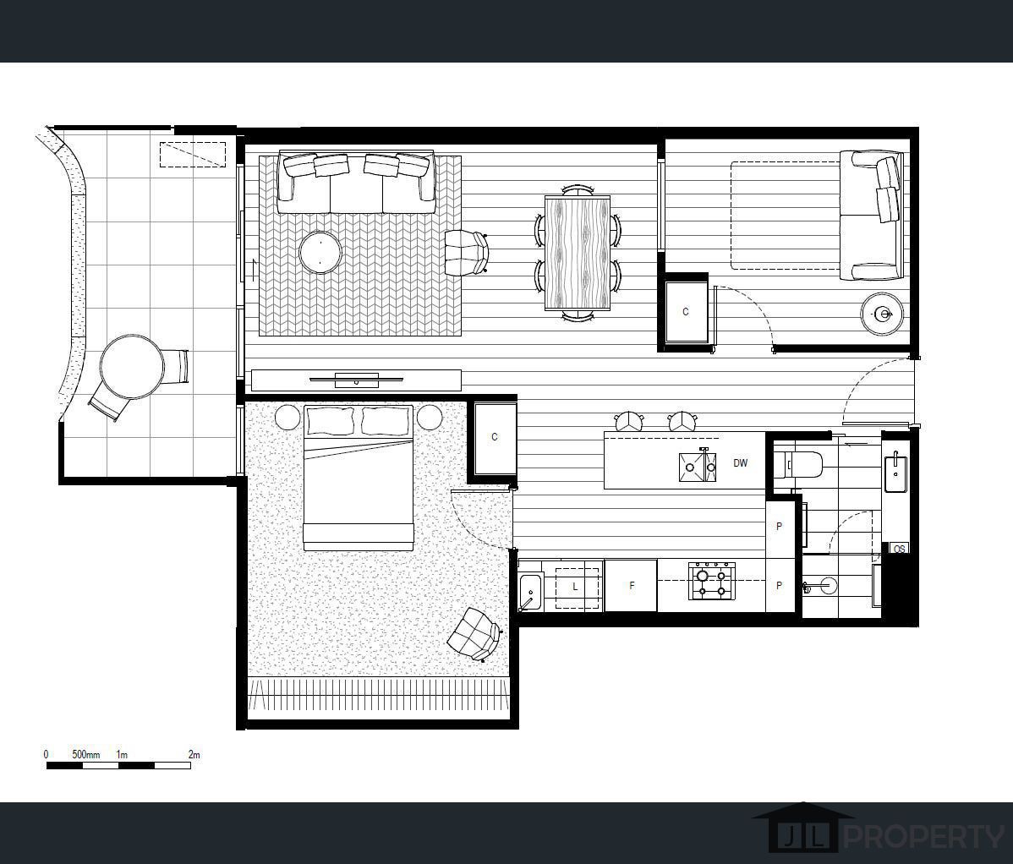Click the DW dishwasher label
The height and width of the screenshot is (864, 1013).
pyautogui.click(x=741, y=463)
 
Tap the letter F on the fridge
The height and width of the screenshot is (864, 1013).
pyautogui.click(x=632, y=586)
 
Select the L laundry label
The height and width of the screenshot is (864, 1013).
pyautogui.click(x=575, y=587)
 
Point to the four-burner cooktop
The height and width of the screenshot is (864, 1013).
pyautogui.click(x=712, y=581)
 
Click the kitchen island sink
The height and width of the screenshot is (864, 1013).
pyautogui.click(x=698, y=466)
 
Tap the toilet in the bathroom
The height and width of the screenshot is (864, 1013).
pyautogui.click(x=798, y=463)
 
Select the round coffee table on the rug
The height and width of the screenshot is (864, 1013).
pyautogui.click(x=320, y=252)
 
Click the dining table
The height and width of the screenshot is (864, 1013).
pyautogui.click(x=578, y=253)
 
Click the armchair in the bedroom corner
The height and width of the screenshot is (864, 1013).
pyautogui.click(x=475, y=634)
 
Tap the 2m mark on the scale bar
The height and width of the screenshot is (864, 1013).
pyautogui.click(x=194, y=754)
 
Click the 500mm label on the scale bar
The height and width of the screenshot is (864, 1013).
pyautogui.click(x=86, y=754)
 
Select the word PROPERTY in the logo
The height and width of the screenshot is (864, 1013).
pyautogui.click(x=924, y=837)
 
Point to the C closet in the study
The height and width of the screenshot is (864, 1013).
pyautogui.click(x=686, y=311)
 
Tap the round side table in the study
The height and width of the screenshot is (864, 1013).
pyautogui.click(x=883, y=314)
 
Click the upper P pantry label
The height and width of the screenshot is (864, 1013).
pyautogui.click(x=779, y=527)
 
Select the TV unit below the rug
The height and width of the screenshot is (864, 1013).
pyautogui.click(x=356, y=380)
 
